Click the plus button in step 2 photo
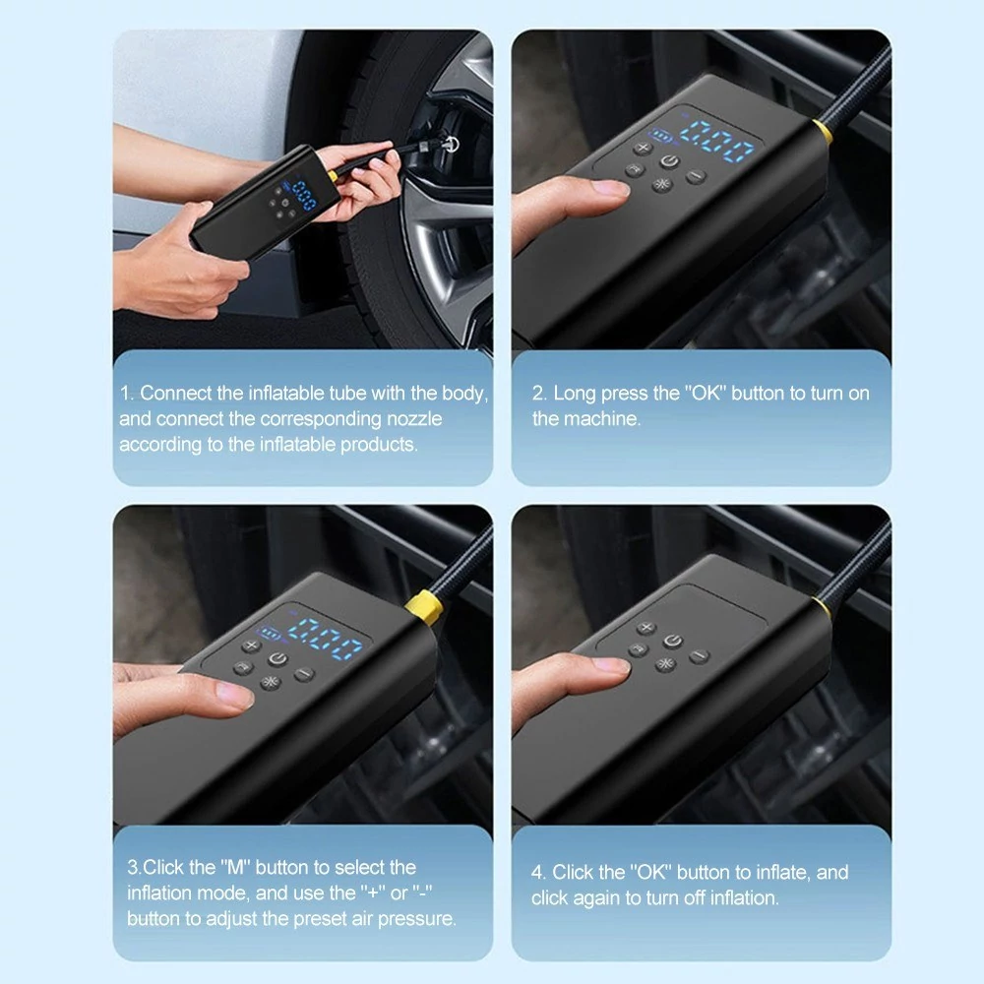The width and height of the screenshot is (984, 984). coord(643,149)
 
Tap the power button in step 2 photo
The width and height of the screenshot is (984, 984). coord(669,162)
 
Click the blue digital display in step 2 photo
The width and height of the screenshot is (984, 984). coord(716,141)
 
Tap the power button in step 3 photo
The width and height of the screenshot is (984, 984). coord(278,659)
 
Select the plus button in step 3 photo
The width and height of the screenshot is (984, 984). coord(251,646)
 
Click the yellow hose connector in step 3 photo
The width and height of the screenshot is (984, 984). coord(425,607)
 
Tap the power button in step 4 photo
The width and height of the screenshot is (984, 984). coord(673,641)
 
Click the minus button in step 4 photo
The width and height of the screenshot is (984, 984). coord(700,656)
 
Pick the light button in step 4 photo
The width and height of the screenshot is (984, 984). coord(665,664)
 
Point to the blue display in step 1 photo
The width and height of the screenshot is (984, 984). coord(305,195)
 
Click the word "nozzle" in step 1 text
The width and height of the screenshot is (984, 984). coord(414,418)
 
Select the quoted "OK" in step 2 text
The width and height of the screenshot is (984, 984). coord(706,393)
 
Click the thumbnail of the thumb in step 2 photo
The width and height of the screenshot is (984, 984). coord(611,188)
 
